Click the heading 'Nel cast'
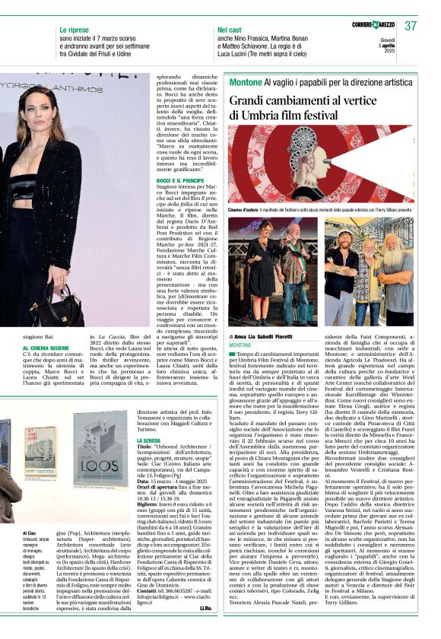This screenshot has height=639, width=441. click(230, 28)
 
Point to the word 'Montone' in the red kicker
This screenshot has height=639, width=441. click(245, 81)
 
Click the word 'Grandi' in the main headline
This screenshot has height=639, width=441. click(250, 100)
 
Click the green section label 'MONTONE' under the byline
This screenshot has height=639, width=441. click(240, 345)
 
